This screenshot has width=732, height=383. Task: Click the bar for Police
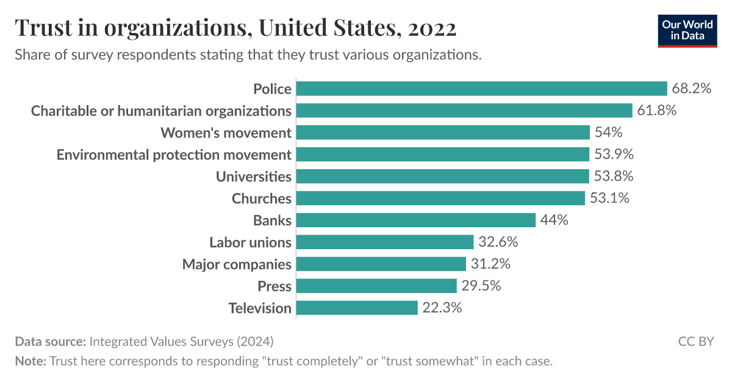[x=481, y=89]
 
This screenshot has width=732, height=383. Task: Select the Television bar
[x=357, y=308]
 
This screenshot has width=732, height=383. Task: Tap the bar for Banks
[x=415, y=220]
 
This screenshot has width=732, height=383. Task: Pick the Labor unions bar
[x=385, y=242]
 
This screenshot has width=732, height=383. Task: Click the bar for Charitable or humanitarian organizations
[x=464, y=111]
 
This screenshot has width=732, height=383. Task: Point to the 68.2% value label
[x=692, y=89]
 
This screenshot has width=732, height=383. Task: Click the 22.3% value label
[x=442, y=308]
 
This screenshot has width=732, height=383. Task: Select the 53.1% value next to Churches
[x=609, y=198]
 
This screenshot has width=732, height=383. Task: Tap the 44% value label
[x=554, y=220]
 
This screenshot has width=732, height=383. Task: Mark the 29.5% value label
[x=481, y=286]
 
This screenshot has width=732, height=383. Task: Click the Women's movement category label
[x=226, y=133]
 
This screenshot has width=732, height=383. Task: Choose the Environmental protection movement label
[x=174, y=155]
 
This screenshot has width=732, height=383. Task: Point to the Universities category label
[x=254, y=177]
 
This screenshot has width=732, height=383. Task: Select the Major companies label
[x=237, y=264]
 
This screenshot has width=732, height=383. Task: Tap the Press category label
[x=274, y=286]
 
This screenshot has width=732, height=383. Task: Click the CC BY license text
[x=695, y=341]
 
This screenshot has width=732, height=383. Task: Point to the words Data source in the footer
[x=50, y=341]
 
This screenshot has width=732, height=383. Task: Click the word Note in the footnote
[x=30, y=361]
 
